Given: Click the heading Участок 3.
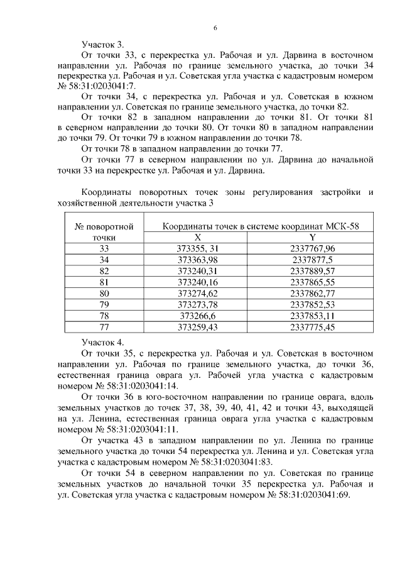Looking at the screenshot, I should tap(103, 45).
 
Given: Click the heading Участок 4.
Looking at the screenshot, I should tap(103, 342).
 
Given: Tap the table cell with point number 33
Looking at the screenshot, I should tap(104, 249).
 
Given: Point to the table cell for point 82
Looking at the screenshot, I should tap(104, 271).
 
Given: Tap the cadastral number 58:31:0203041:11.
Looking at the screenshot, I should tap(138, 429).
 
